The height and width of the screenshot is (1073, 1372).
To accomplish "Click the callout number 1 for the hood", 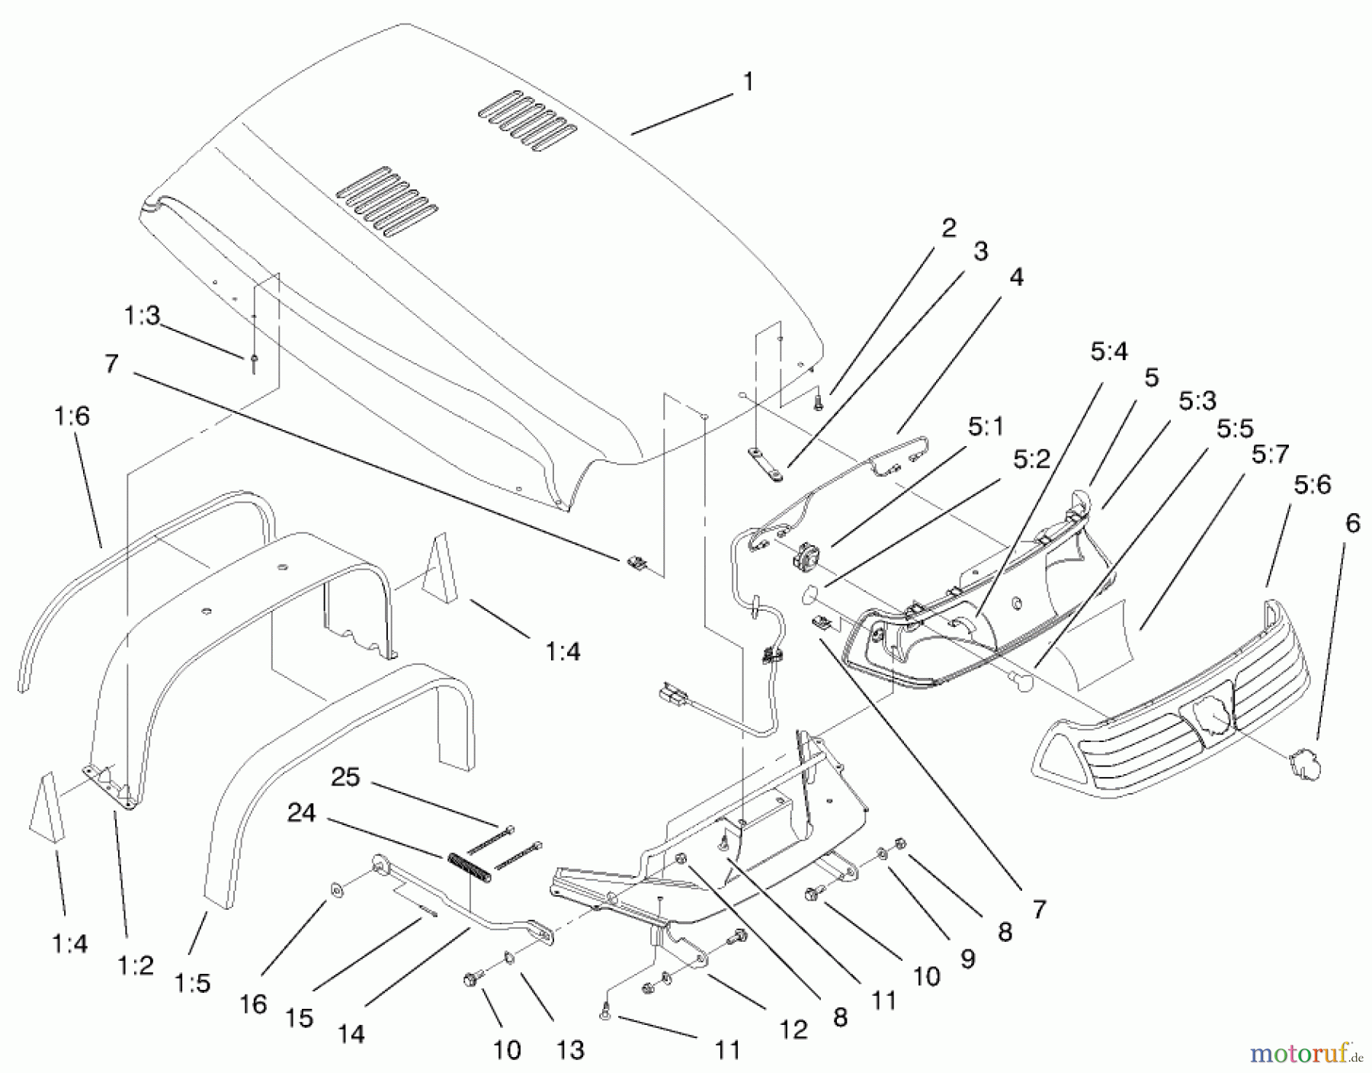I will click(x=748, y=82).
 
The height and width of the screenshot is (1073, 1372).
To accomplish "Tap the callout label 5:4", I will click(x=1108, y=352).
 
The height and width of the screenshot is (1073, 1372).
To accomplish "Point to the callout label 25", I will click(x=345, y=777).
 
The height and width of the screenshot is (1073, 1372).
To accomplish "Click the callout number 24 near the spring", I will click(x=301, y=813).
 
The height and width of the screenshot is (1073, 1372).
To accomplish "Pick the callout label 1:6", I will click(x=72, y=416).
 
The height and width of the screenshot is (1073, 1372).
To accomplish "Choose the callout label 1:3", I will click(x=142, y=315).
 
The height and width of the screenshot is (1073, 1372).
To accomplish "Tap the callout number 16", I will click(x=253, y=1004).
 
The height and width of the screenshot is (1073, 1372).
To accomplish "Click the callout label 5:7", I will click(x=1270, y=455).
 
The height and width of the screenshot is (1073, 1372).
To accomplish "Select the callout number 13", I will click(x=570, y=1050).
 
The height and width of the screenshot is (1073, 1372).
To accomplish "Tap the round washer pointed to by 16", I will click(x=336, y=889).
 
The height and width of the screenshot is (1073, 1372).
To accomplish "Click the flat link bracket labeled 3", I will click(x=765, y=464).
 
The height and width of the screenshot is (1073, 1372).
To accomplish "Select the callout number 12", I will click(x=793, y=1030).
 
